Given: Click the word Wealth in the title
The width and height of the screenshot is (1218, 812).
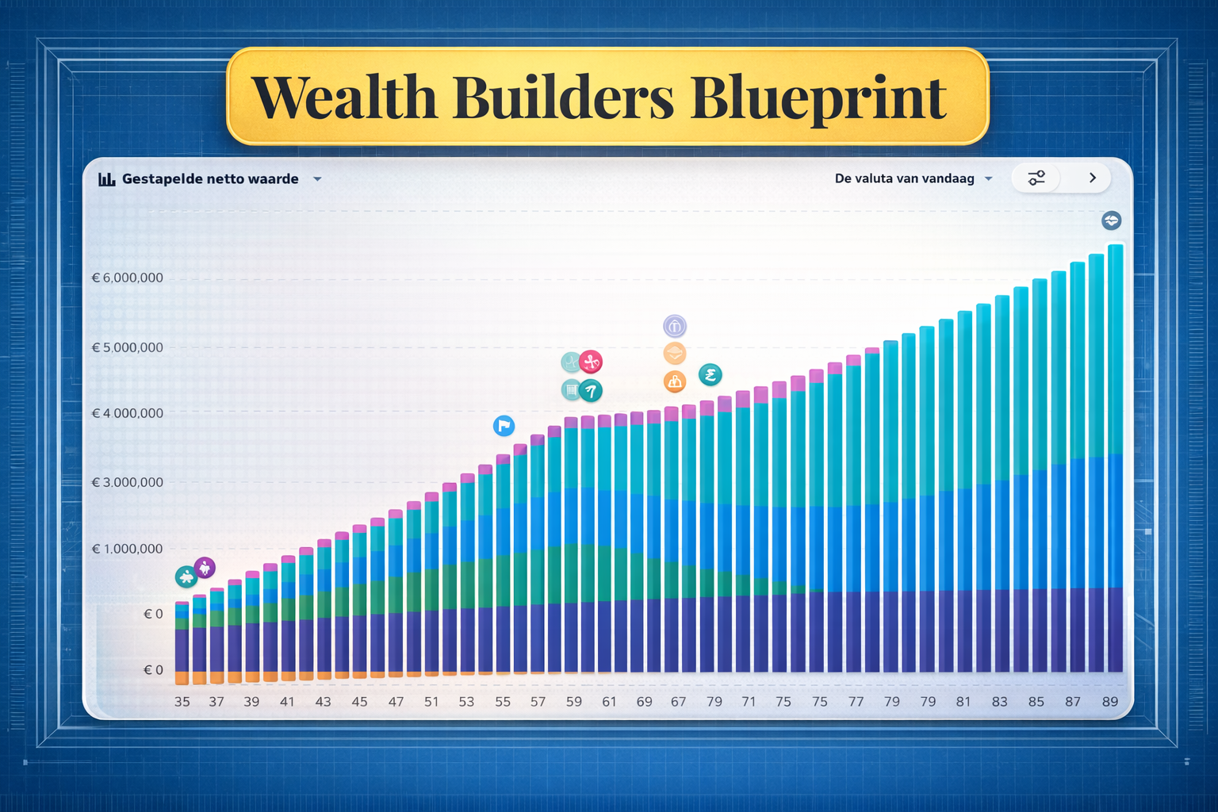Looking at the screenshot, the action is click(x=345, y=98).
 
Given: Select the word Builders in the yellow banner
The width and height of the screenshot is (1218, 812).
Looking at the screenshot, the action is click(x=563, y=97).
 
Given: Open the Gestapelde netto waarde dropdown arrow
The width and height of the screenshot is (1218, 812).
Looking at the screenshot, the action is click(x=317, y=179).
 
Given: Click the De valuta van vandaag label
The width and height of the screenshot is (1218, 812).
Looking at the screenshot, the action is click(x=904, y=178).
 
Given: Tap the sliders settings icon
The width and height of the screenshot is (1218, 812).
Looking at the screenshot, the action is click(x=1036, y=178).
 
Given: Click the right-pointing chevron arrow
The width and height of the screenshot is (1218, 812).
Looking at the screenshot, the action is click(x=1093, y=178).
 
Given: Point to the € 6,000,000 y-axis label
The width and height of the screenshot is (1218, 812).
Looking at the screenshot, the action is click(x=127, y=278).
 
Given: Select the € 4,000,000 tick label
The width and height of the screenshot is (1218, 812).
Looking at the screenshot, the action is click(x=127, y=413).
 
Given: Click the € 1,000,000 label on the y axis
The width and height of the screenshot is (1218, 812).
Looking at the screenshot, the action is click(x=127, y=549).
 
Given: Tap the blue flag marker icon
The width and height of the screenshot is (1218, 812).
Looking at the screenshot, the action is click(x=504, y=425).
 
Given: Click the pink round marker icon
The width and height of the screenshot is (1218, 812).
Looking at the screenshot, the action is click(x=591, y=362).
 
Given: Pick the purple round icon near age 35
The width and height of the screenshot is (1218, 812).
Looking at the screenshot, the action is click(x=205, y=569).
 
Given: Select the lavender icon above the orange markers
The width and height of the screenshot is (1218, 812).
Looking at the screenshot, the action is click(x=675, y=327).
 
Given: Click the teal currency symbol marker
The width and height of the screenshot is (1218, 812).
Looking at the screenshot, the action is click(x=710, y=375).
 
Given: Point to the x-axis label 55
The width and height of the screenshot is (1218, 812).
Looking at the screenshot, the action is click(x=503, y=702).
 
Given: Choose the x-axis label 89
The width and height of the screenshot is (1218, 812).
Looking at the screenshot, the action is click(x=1110, y=702).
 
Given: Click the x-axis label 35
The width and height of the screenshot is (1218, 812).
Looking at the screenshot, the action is click(x=182, y=702).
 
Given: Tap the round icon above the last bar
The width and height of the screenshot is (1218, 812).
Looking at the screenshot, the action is click(x=1112, y=220).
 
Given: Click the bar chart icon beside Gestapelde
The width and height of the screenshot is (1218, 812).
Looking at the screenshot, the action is click(x=106, y=179).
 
